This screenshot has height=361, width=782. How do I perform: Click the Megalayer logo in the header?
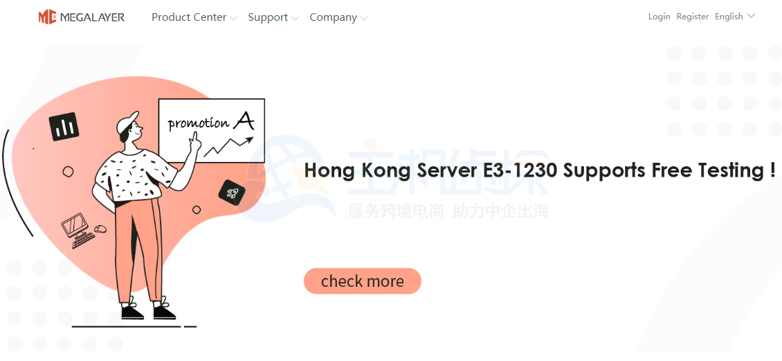[81, 17]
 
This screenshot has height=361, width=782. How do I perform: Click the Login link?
[659, 17]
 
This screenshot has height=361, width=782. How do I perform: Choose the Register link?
[693, 17]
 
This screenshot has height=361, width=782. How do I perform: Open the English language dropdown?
[734, 17]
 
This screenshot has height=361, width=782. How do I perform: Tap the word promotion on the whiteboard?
[198, 124]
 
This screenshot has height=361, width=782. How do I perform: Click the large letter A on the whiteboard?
[243, 121]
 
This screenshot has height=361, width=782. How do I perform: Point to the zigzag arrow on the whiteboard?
[227, 146]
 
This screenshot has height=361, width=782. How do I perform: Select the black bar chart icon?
[64, 127]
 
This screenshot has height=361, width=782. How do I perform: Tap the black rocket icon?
[233, 193]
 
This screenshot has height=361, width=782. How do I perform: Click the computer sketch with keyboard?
[80, 231]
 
